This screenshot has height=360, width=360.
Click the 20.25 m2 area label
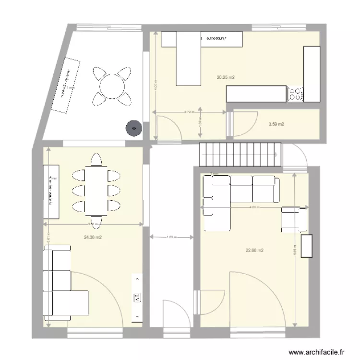click(x=226, y=77)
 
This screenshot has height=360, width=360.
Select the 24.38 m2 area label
click(x=92, y=237)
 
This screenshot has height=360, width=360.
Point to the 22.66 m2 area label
click(x=254, y=250)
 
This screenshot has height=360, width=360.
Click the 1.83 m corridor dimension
click(x=171, y=237)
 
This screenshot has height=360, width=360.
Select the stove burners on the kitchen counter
click(x=295, y=94)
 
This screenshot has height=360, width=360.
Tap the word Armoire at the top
click(x=217, y=37)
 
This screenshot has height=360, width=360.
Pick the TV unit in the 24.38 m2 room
click(x=136, y=298)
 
